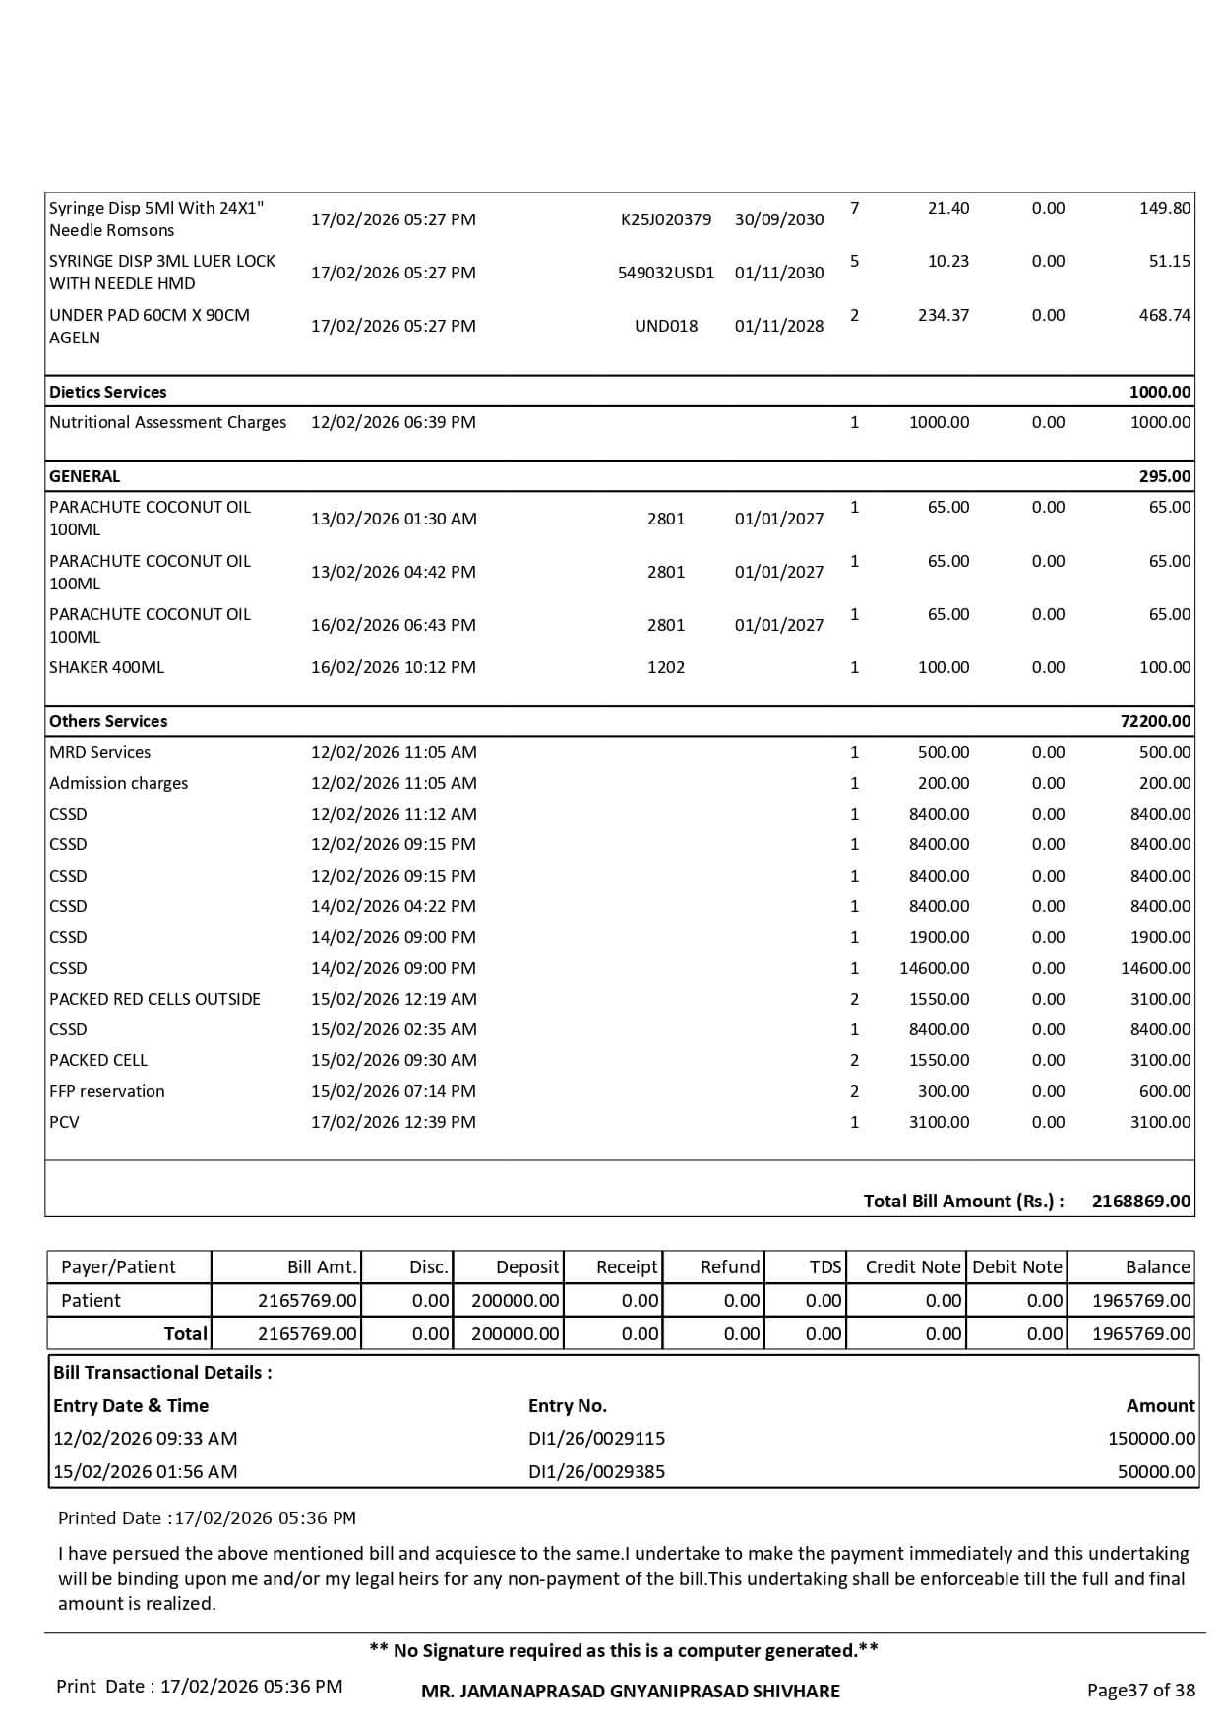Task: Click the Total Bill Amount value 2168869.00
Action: coord(1140,1201)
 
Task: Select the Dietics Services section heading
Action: coord(108,392)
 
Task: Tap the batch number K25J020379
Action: coord(665,219)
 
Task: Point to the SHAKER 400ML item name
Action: coord(107,667)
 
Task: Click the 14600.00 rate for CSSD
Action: coord(934,968)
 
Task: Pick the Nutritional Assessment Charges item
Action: coord(168,422)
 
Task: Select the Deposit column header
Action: coord(527,1266)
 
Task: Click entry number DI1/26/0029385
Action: coord(596,1471)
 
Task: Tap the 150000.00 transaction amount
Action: coord(1151,1438)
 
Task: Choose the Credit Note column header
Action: coord(912,1266)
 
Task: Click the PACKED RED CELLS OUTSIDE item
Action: coord(155,999)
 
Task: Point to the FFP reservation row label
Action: coord(107,1091)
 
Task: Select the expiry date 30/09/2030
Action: coord(779,219)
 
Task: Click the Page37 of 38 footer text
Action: coord(1140,1690)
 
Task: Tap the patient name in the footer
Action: coord(631,1691)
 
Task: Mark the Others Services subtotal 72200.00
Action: coord(1155,721)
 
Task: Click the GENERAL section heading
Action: coord(85,476)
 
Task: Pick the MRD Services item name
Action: coord(100,752)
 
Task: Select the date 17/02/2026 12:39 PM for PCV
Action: coord(394,1122)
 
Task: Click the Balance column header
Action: coord(1157,1266)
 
